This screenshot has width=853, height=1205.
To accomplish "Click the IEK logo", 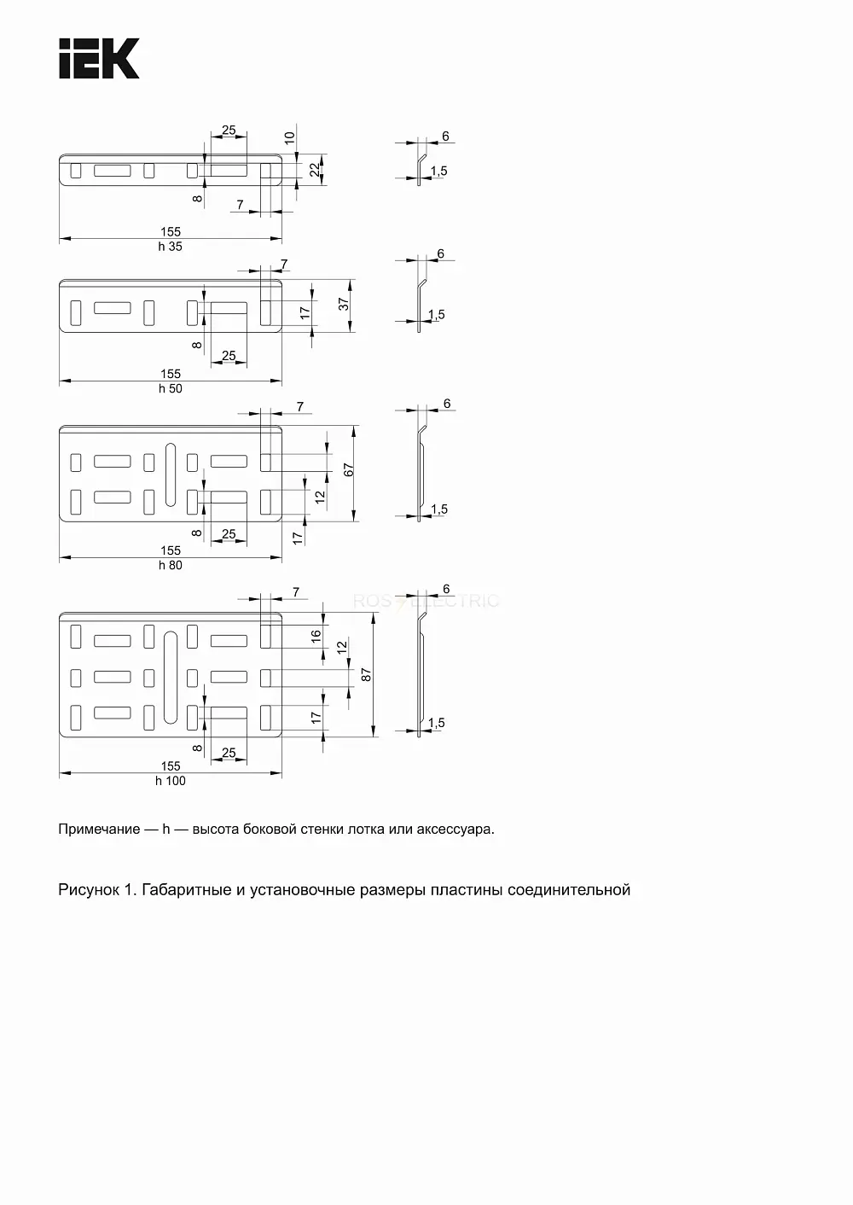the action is [99, 58].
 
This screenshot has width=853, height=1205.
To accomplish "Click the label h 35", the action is [170, 247].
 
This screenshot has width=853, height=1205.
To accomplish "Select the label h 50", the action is [170, 388].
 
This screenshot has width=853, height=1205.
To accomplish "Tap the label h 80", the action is [170, 566].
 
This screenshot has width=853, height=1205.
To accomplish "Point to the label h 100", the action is [170, 781].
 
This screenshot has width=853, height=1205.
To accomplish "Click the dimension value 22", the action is [315, 170].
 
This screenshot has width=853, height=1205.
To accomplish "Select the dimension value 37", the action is [344, 305].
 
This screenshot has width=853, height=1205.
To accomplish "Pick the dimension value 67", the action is [349, 470].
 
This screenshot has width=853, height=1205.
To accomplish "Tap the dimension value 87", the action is [366, 675].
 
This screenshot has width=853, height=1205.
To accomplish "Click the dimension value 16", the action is [316, 636].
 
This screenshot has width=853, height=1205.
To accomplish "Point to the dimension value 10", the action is [289, 137].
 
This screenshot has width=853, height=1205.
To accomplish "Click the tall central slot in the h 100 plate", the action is [171, 678].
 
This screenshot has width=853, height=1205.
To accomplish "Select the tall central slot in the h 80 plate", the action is [171, 475].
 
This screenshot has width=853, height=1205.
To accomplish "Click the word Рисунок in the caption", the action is [89, 890].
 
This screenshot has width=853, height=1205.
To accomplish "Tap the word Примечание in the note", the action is [99, 829].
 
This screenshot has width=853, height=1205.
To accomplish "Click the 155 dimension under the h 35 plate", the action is [171, 232].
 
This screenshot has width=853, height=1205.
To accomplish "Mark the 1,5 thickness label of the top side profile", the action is [439, 171].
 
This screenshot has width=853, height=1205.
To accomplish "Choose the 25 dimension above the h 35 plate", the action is [229, 131].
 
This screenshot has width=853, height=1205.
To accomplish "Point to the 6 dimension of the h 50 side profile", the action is [441, 253].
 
